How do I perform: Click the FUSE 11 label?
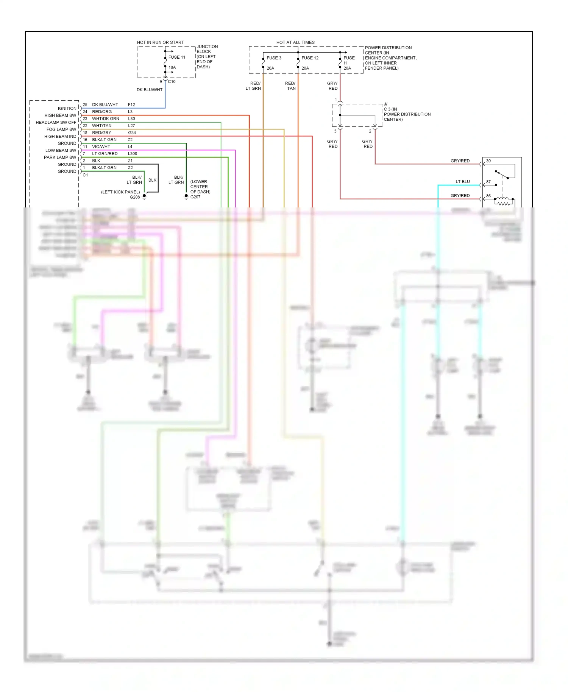176,57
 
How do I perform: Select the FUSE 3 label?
274,58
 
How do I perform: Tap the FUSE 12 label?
310,58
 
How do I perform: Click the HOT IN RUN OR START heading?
160,42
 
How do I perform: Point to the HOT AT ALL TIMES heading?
295,42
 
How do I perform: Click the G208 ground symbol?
144,197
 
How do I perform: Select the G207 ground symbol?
186,197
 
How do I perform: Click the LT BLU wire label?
462,182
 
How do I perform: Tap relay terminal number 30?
488,161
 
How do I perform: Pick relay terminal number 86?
488,196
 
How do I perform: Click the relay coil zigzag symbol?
504,203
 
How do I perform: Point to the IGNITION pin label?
67,108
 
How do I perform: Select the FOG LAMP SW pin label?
61,129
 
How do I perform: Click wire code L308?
133,154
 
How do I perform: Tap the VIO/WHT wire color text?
101,147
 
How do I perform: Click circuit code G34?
132,133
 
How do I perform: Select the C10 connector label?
172,82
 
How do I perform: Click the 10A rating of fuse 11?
172,67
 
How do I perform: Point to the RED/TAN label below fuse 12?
290,86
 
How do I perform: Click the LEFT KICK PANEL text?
120,192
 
